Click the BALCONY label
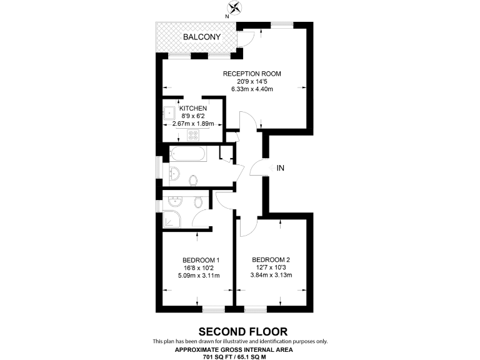[201, 37]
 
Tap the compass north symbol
[236, 8]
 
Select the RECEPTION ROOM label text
[252, 74]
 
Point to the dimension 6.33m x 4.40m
[252, 89]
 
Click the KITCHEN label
[193, 109]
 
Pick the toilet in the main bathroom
[193, 180]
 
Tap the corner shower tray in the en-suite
[171, 219]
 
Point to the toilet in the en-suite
[199, 202]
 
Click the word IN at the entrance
[281, 168]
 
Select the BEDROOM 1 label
[201, 261]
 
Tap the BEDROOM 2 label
[271, 260]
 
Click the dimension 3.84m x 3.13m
[271, 275]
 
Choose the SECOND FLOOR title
[239, 331]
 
